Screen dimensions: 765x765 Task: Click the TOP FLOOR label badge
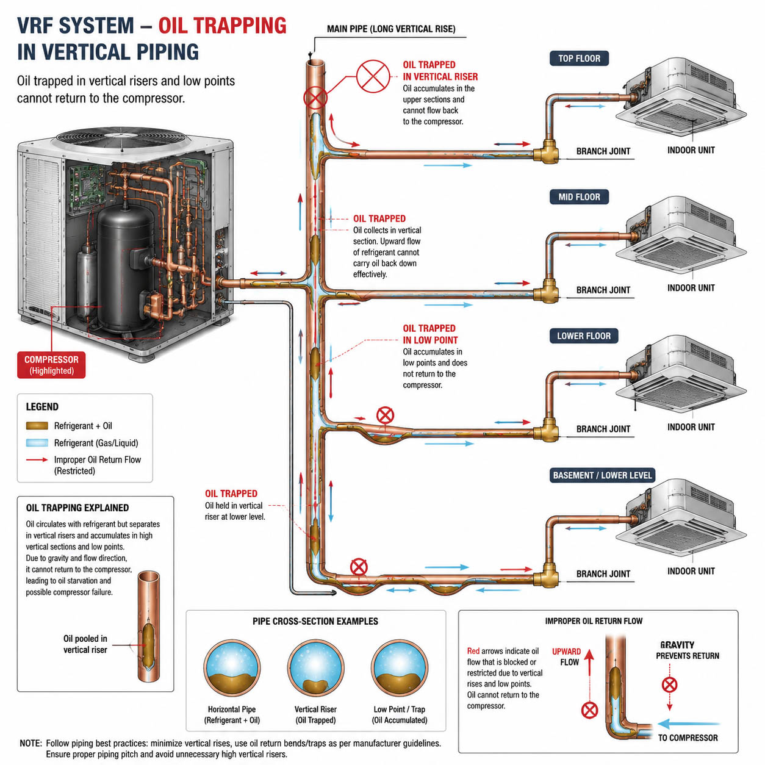579,59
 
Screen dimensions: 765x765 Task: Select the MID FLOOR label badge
579,197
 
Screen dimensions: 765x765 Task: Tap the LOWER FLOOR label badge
584,336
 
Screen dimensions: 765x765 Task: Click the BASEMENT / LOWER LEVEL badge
602,475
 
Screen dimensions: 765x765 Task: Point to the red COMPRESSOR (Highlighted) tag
51,365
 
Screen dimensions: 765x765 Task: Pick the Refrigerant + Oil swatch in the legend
37,426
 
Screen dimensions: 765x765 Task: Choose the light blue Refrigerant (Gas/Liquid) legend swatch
37,443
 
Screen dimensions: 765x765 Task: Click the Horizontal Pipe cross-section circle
232,668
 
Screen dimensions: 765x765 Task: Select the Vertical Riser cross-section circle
315,668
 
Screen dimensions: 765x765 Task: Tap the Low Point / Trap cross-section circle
400,668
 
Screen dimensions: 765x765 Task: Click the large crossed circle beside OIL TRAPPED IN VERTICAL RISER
373,76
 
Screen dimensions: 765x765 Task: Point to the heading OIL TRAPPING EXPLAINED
77,508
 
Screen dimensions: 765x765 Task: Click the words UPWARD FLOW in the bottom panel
567,656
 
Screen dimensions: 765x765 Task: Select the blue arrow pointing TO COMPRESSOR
688,724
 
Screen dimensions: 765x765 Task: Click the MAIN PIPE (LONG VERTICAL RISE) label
391,29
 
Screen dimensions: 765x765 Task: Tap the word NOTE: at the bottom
31,743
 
